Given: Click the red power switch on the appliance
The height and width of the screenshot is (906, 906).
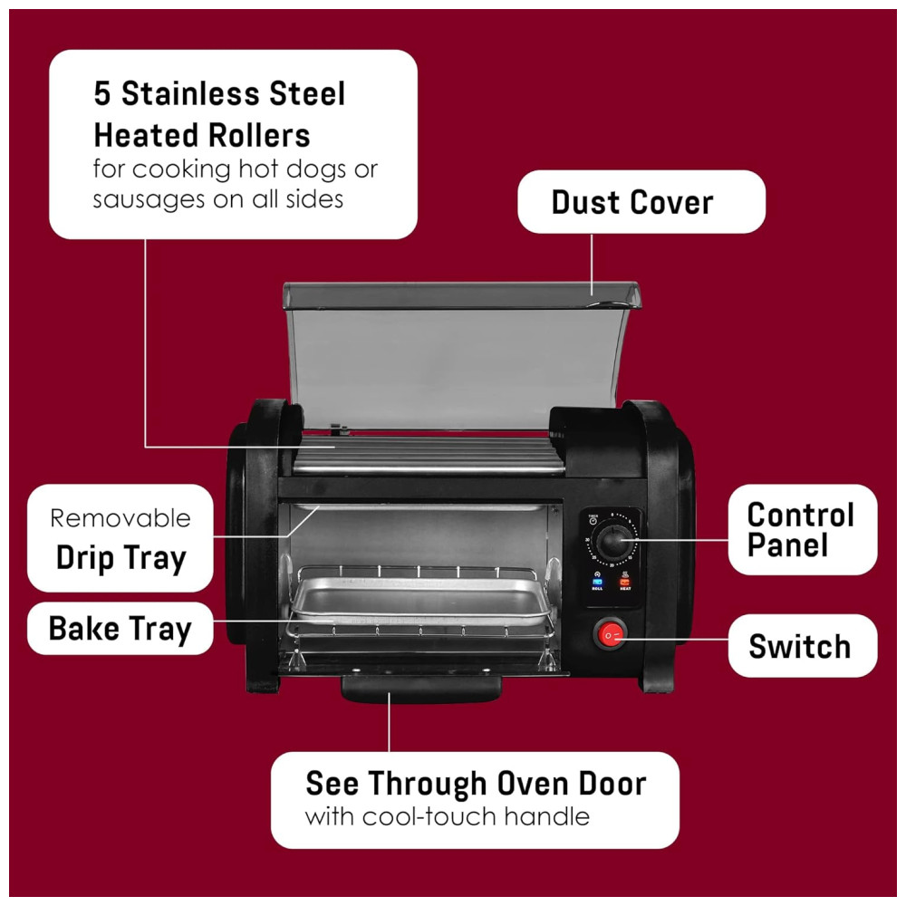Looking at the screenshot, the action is [x=610, y=634].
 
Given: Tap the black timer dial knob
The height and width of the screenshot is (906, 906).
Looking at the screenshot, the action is [x=612, y=542].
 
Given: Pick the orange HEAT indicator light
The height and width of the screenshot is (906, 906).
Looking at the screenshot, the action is [x=625, y=582].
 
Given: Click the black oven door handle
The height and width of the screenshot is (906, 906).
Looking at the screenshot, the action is [x=421, y=689].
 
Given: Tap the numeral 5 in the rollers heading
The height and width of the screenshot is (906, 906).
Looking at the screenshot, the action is [x=102, y=93].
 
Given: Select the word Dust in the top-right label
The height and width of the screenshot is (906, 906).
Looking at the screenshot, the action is [x=585, y=202].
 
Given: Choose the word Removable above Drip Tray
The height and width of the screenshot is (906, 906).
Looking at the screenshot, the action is [x=120, y=518].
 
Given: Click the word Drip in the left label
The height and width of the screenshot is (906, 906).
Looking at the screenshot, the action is [x=84, y=559].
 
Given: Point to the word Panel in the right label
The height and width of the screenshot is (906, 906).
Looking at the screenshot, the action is [x=787, y=545].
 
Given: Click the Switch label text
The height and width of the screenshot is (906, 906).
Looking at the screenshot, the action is [x=800, y=646].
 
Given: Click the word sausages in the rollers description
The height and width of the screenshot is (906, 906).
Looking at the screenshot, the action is [x=149, y=200].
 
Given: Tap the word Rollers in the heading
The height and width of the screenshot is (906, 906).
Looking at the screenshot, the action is [x=259, y=136].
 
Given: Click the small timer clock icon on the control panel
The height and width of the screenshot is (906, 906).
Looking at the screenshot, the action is [x=593, y=521].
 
